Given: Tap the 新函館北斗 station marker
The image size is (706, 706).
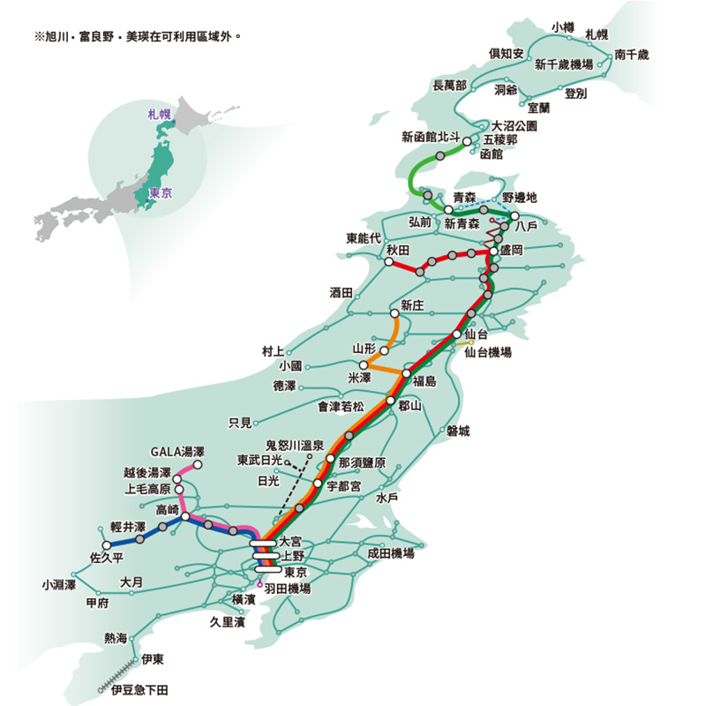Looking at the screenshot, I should click(467, 141).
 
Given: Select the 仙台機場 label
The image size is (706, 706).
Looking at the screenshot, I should click(488, 352).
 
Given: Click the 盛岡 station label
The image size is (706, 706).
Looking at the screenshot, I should click(512, 251).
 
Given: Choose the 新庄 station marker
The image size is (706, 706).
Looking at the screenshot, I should click(394, 314).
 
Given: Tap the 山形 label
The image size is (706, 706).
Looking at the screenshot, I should click(364, 349).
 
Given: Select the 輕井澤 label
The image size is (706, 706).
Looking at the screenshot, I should click(128, 526).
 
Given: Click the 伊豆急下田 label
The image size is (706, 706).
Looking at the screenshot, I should click(139, 688).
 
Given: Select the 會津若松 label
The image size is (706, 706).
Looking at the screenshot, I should click(341, 407).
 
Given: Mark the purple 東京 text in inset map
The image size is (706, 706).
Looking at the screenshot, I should click(161, 193).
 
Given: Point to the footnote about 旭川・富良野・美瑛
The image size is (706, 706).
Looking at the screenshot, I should click(136, 39).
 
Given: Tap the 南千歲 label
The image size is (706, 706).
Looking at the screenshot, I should click(632, 55).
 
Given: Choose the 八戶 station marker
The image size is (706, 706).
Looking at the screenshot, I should click(514, 216).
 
